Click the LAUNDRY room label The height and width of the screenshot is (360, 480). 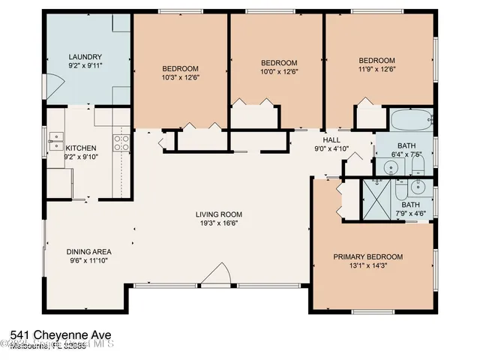click(x=85, y=57)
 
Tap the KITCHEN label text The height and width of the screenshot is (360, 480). click(x=81, y=148)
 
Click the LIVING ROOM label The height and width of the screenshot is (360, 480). click(x=220, y=214)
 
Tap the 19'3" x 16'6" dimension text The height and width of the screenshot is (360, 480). click(x=220, y=223)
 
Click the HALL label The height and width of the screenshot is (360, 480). click(x=331, y=140)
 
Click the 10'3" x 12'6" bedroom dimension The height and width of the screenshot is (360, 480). click(x=180, y=76)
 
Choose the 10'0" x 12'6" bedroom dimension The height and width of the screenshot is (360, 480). click(x=278, y=71)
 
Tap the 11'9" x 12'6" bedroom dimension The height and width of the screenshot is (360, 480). click(x=376, y=70)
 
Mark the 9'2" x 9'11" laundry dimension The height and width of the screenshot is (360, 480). click(x=85, y=66)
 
